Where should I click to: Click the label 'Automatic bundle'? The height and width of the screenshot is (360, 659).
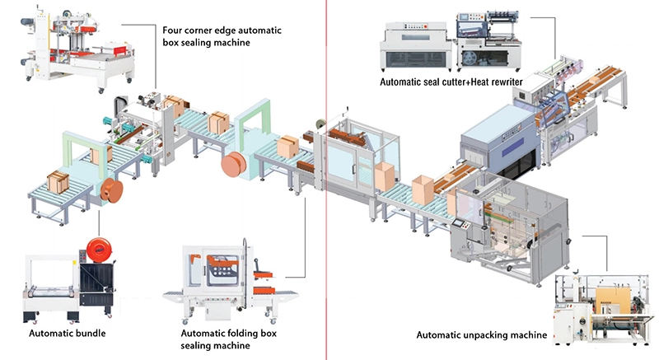[x=68, y=334]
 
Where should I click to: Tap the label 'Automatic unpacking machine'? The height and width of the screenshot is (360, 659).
[x=481, y=334]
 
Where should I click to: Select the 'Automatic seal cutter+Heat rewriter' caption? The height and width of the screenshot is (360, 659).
[x=451, y=82]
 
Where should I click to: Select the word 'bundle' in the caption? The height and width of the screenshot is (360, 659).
[x=89, y=334]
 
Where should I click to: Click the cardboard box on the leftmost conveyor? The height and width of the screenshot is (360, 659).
[x=57, y=180]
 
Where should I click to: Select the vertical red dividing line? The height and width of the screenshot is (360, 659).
[x=327, y=180]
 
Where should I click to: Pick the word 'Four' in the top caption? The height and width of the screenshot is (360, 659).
[x=174, y=30]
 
